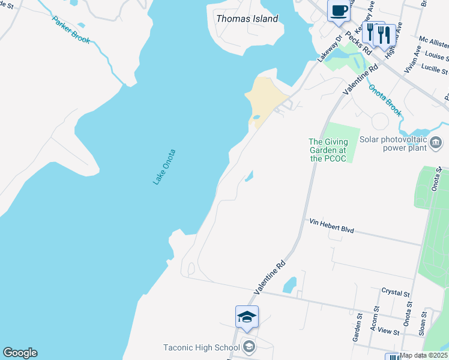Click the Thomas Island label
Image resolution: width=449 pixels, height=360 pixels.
pos(247,19)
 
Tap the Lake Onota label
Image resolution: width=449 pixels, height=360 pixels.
pos(163,166)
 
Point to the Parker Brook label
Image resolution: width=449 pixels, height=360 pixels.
pos(71,30)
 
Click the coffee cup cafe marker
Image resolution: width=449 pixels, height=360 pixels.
pos(339,11)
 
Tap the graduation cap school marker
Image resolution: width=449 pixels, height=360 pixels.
pos(247,316)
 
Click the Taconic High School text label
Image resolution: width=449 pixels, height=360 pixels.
pos(202,347)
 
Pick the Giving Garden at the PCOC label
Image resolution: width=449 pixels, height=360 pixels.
pos(328,150)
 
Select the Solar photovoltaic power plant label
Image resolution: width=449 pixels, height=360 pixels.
pos(393,143)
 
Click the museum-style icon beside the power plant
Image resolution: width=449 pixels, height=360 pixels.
pos(436,143)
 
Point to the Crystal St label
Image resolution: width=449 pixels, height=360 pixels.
pos(396,292)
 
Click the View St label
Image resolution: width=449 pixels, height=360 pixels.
pos(388,331)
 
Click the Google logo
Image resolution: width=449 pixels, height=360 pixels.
pos(20,353)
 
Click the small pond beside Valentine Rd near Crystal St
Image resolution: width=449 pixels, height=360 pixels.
pos(289,284)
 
